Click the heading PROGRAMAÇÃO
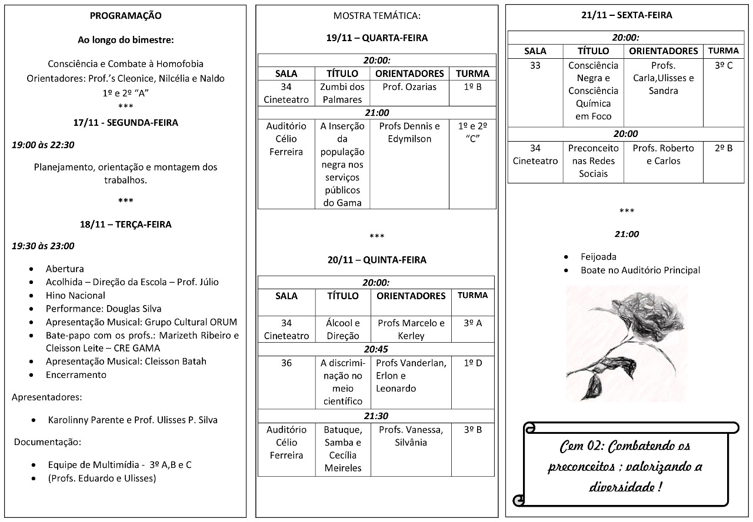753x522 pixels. [125, 16]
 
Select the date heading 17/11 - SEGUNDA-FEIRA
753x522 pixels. [125, 123]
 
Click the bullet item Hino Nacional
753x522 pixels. [75, 295]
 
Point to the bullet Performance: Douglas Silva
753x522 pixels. [104, 309]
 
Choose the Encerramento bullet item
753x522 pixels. [76, 374]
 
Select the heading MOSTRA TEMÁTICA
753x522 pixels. [377, 16]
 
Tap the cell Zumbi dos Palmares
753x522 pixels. [342, 93]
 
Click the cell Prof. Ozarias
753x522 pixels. [409, 87]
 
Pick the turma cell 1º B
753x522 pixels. [472, 87]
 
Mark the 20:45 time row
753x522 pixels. [376, 349]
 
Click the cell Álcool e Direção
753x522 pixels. [342, 329]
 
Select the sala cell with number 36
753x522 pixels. [286, 363]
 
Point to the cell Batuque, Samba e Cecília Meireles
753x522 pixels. [342, 449]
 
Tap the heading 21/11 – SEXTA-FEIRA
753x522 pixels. [626, 15]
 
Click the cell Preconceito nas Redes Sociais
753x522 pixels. [593, 160]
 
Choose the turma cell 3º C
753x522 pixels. [723, 66]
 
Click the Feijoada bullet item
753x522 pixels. [598, 256]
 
